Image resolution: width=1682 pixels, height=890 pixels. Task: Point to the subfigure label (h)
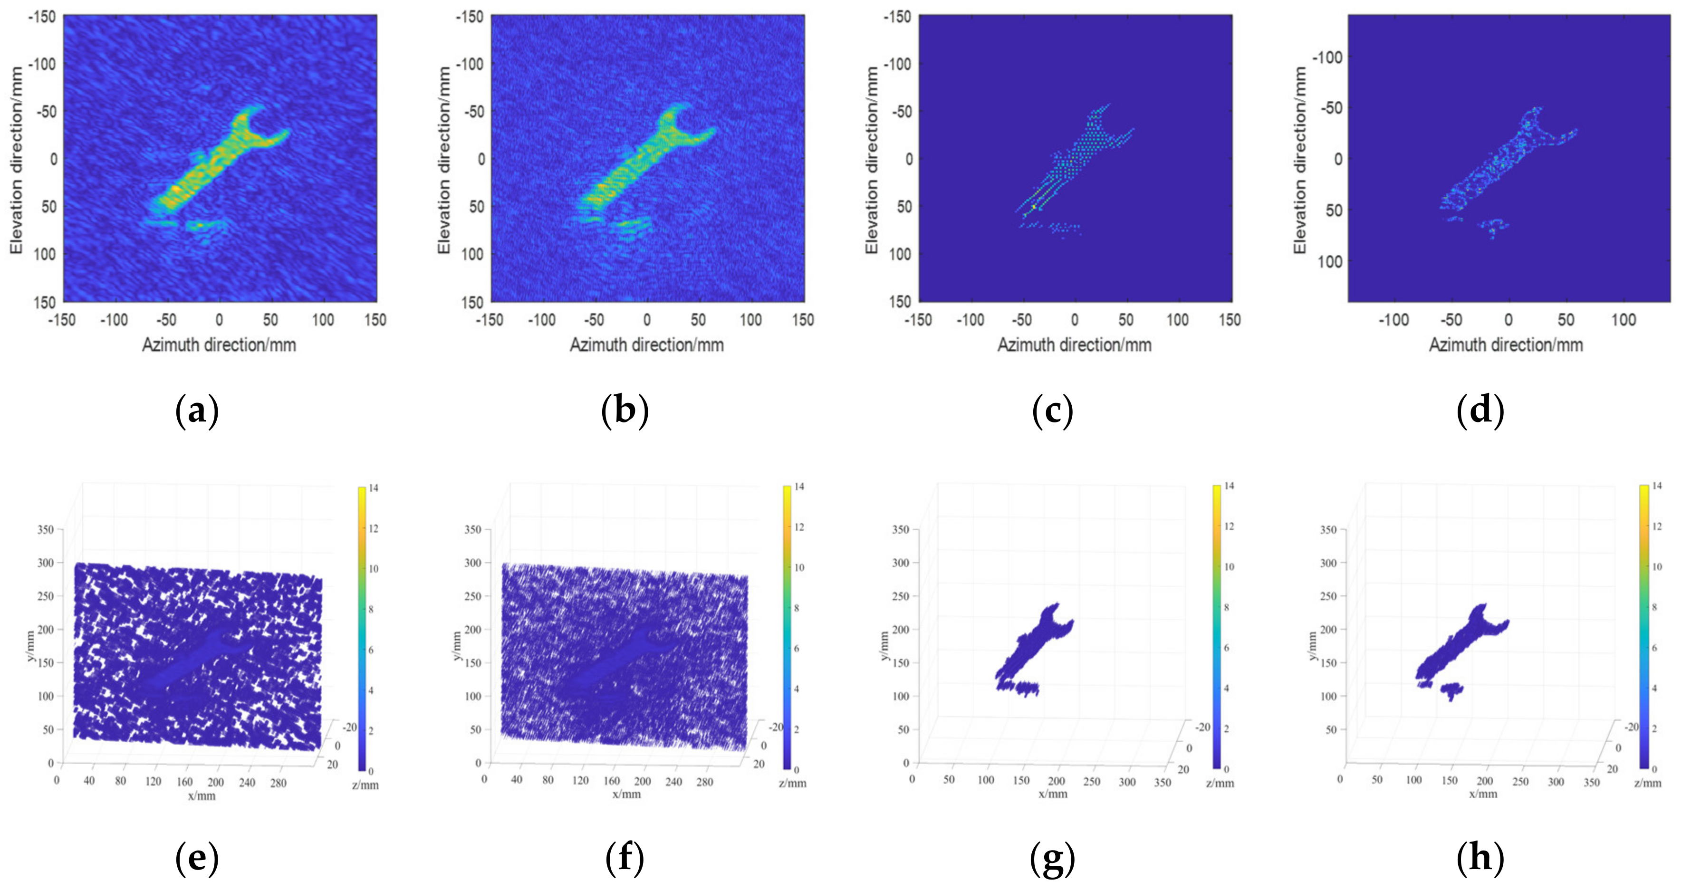click(1480, 857)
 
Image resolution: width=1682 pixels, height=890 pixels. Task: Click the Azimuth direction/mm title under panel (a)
click(219, 345)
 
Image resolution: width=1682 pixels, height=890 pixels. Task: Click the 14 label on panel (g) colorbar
click(1229, 486)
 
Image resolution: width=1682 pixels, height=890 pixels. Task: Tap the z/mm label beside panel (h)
click(1647, 782)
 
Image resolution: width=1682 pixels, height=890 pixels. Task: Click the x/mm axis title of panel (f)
click(626, 794)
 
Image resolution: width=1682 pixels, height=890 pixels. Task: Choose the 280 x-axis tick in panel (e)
click(278, 782)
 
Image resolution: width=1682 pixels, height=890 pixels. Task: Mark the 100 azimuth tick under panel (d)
click(1623, 320)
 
